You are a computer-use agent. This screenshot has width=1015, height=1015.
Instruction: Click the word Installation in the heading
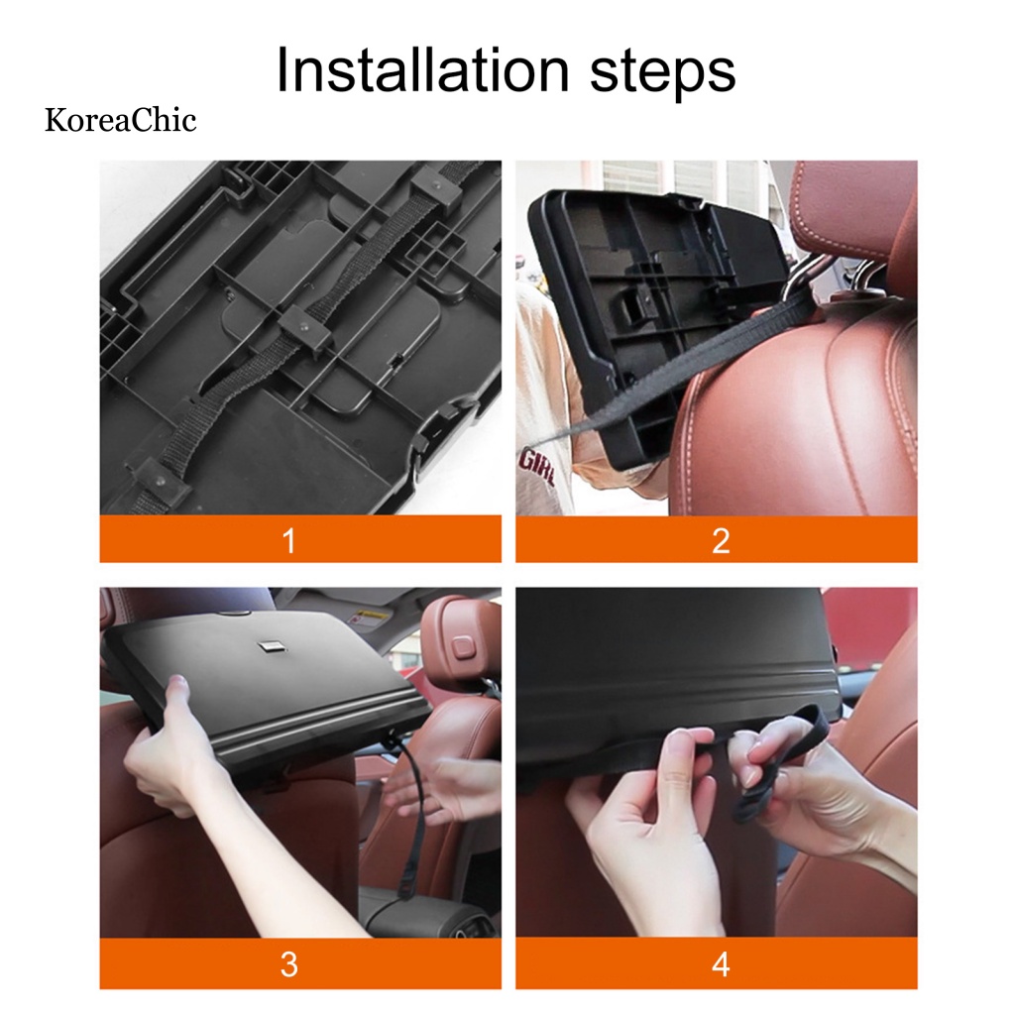422,70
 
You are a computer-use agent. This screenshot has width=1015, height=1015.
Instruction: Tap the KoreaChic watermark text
120,120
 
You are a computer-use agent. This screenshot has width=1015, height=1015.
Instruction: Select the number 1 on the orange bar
289,540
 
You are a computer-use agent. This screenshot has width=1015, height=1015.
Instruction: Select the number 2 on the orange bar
721,540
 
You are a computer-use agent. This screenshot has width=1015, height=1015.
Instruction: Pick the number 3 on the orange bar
289,964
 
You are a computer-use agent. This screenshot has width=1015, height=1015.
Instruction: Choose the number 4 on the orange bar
721,964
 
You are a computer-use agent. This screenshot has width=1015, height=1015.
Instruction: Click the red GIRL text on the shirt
535,469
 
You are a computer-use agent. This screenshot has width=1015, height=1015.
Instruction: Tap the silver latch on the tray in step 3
268,645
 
